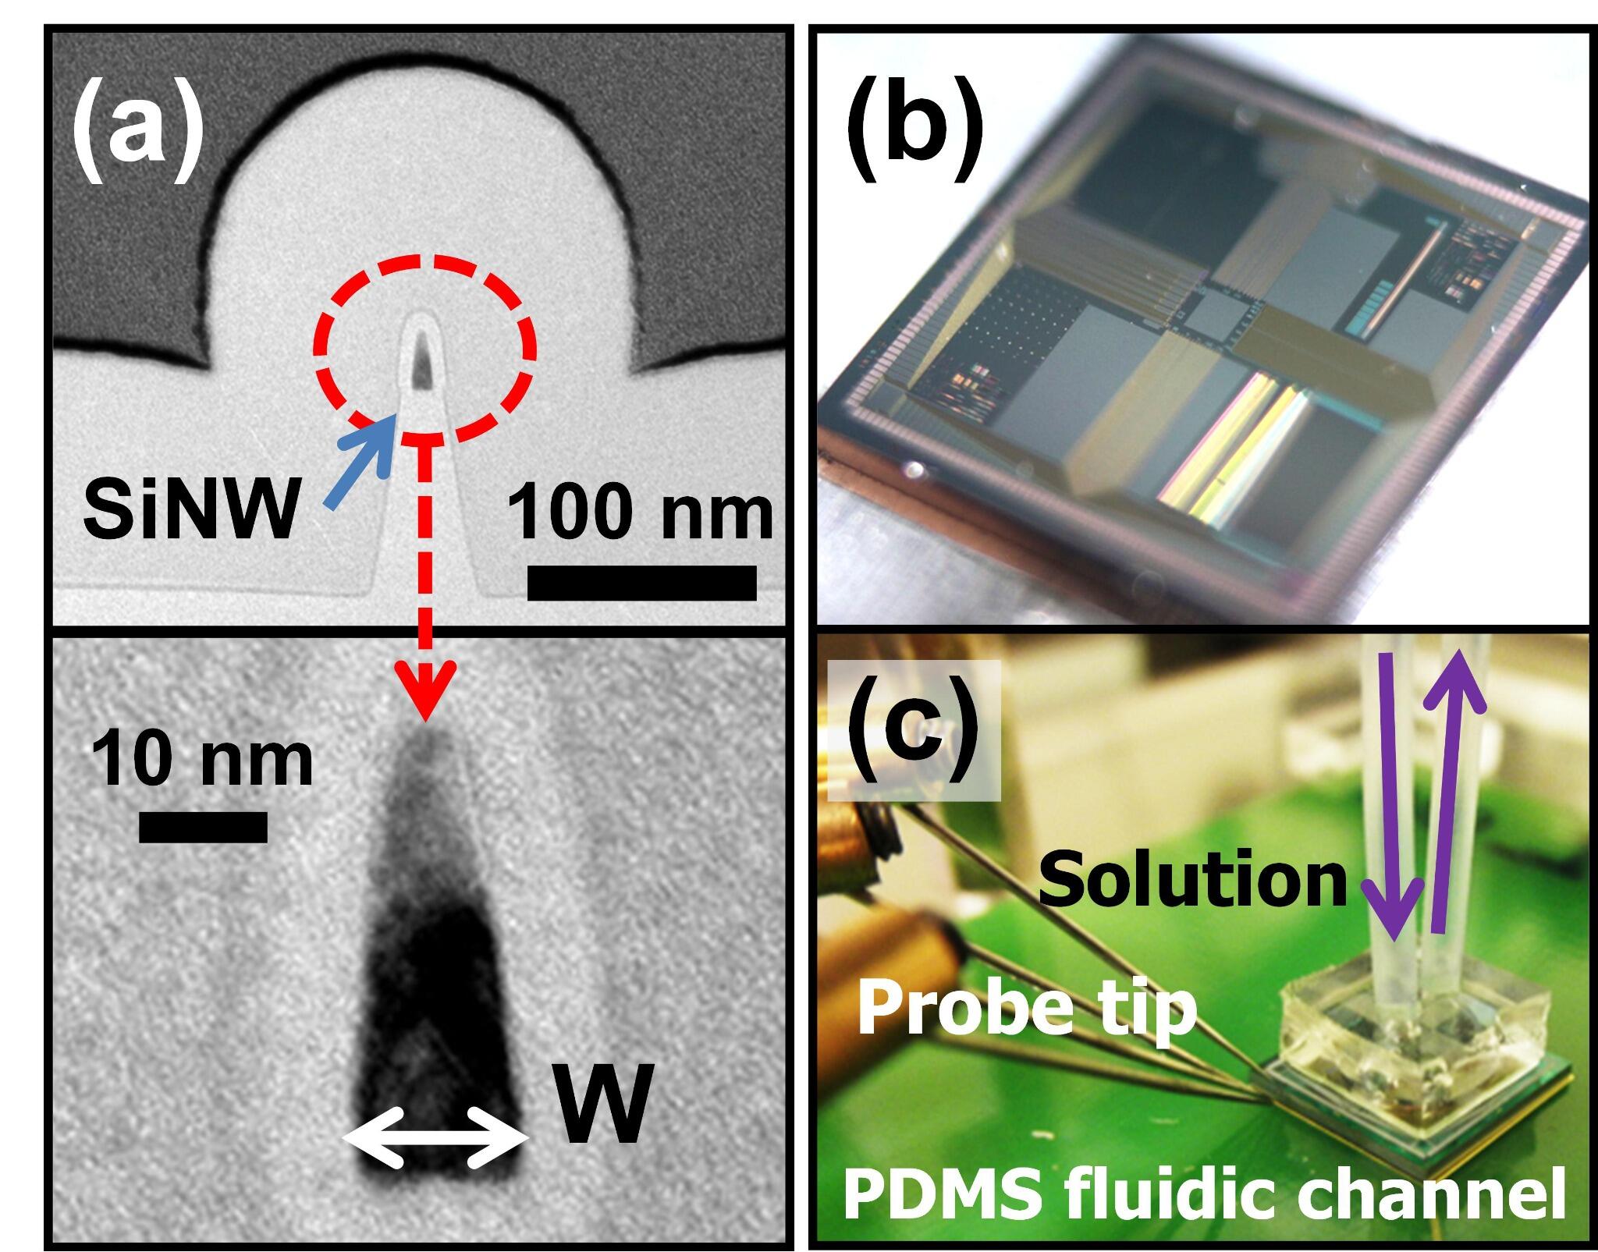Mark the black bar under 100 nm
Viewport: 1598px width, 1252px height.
click(641, 583)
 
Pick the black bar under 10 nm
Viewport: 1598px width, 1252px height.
click(203, 828)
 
